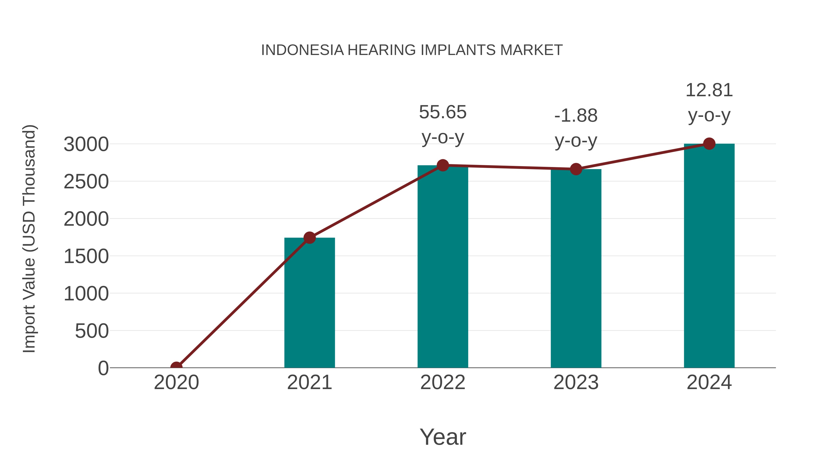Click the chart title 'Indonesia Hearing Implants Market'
(x=412, y=50)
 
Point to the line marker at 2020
(x=176, y=367)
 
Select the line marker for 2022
(x=443, y=165)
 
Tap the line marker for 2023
(x=576, y=169)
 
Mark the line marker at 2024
(x=709, y=144)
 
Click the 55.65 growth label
(x=443, y=113)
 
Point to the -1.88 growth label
(x=576, y=116)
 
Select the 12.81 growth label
(x=709, y=90)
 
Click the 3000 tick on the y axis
(x=86, y=144)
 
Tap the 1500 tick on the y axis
(x=86, y=256)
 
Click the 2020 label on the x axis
(x=176, y=382)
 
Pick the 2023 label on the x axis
(x=576, y=382)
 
